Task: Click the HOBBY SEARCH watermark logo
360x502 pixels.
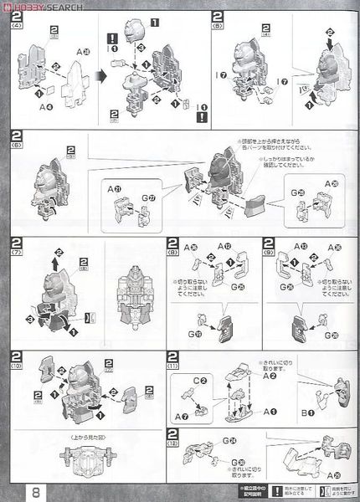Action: click(38, 6)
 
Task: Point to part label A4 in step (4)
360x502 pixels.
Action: click(43, 106)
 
